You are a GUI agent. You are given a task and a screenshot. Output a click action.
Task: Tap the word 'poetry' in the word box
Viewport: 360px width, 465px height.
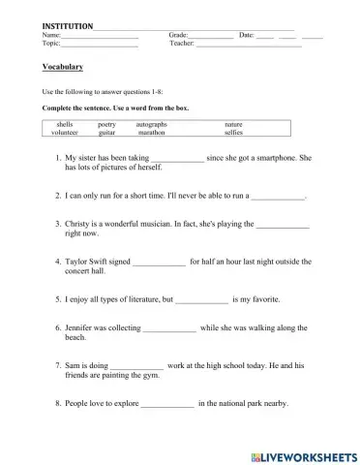[x=106, y=125]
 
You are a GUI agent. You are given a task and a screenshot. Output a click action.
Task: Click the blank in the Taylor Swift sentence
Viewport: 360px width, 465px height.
[x=158, y=262]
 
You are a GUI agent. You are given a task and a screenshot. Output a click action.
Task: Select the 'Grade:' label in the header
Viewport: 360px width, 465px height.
[x=179, y=34]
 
